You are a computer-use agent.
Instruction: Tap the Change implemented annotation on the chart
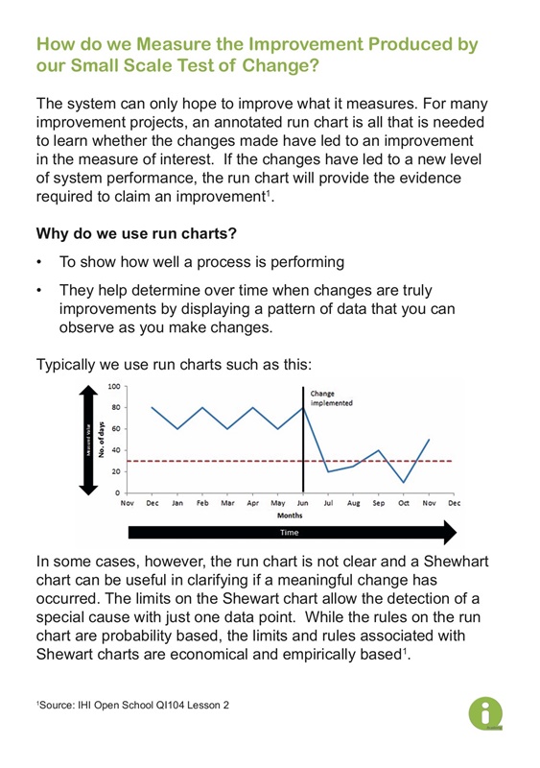(x=331, y=397)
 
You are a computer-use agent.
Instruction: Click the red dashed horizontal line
(x=384, y=461)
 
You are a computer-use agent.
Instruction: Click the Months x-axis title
(x=290, y=514)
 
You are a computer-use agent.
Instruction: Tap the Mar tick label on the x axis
(x=227, y=502)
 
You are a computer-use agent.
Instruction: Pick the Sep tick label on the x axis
(x=378, y=502)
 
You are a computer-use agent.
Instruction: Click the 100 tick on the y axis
(x=114, y=386)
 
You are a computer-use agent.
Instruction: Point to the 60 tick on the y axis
(x=115, y=428)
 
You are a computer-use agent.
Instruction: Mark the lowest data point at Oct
(x=404, y=482)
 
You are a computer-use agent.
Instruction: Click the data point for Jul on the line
(x=328, y=471)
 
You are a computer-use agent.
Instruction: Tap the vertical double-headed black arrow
(x=85, y=439)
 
